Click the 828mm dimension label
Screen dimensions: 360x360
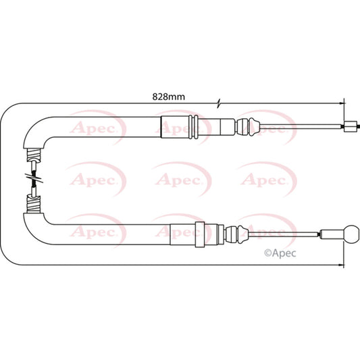(169, 97)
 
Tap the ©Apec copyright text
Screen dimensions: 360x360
(280, 253)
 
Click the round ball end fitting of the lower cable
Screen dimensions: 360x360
(351, 234)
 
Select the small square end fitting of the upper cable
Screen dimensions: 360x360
(351, 126)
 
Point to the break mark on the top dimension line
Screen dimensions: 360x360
(219, 103)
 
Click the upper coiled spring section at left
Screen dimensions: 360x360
(34, 155)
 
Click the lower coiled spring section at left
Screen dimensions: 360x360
(34, 204)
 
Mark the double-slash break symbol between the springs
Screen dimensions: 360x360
(34, 178)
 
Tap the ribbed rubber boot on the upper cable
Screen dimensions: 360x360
(249, 127)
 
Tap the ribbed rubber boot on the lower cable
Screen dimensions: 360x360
(237, 234)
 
